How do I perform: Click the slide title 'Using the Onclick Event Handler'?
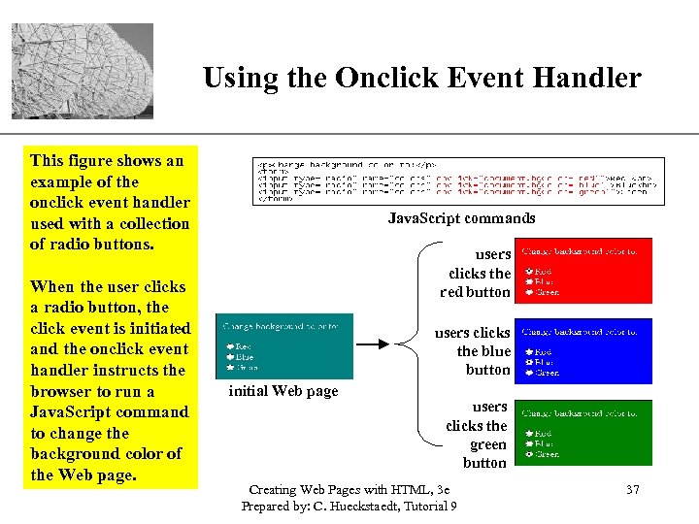tap(422, 78)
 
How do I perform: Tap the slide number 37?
tap(632, 490)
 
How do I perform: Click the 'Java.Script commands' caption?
tap(461, 218)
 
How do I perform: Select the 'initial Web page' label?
tap(283, 391)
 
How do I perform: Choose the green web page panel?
tap(582, 432)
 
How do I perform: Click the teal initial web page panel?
tap(280, 346)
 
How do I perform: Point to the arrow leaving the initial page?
tap(374, 344)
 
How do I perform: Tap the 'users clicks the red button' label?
tap(476, 273)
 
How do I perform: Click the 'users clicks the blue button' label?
tap(474, 351)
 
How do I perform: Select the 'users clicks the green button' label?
tap(478, 435)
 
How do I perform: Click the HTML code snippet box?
tap(458, 180)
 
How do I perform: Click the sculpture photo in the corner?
tap(83, 71)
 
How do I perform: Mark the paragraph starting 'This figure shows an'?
tap(109, 202)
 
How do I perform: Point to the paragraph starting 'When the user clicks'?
tap(109, 380)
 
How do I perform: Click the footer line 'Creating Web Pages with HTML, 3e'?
tap(349, 490)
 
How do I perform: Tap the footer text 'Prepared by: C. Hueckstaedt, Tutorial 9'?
tap(349, 507)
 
